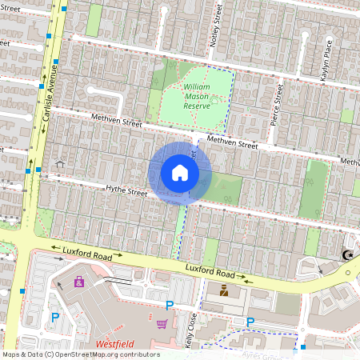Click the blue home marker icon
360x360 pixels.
180,172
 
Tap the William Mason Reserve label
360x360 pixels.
196,95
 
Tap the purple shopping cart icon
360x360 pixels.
162,324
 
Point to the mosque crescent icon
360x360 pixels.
347,255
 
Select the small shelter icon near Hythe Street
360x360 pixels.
60,163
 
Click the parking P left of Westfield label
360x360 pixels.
55,318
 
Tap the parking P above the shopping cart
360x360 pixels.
169,305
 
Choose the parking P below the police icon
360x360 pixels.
250,322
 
